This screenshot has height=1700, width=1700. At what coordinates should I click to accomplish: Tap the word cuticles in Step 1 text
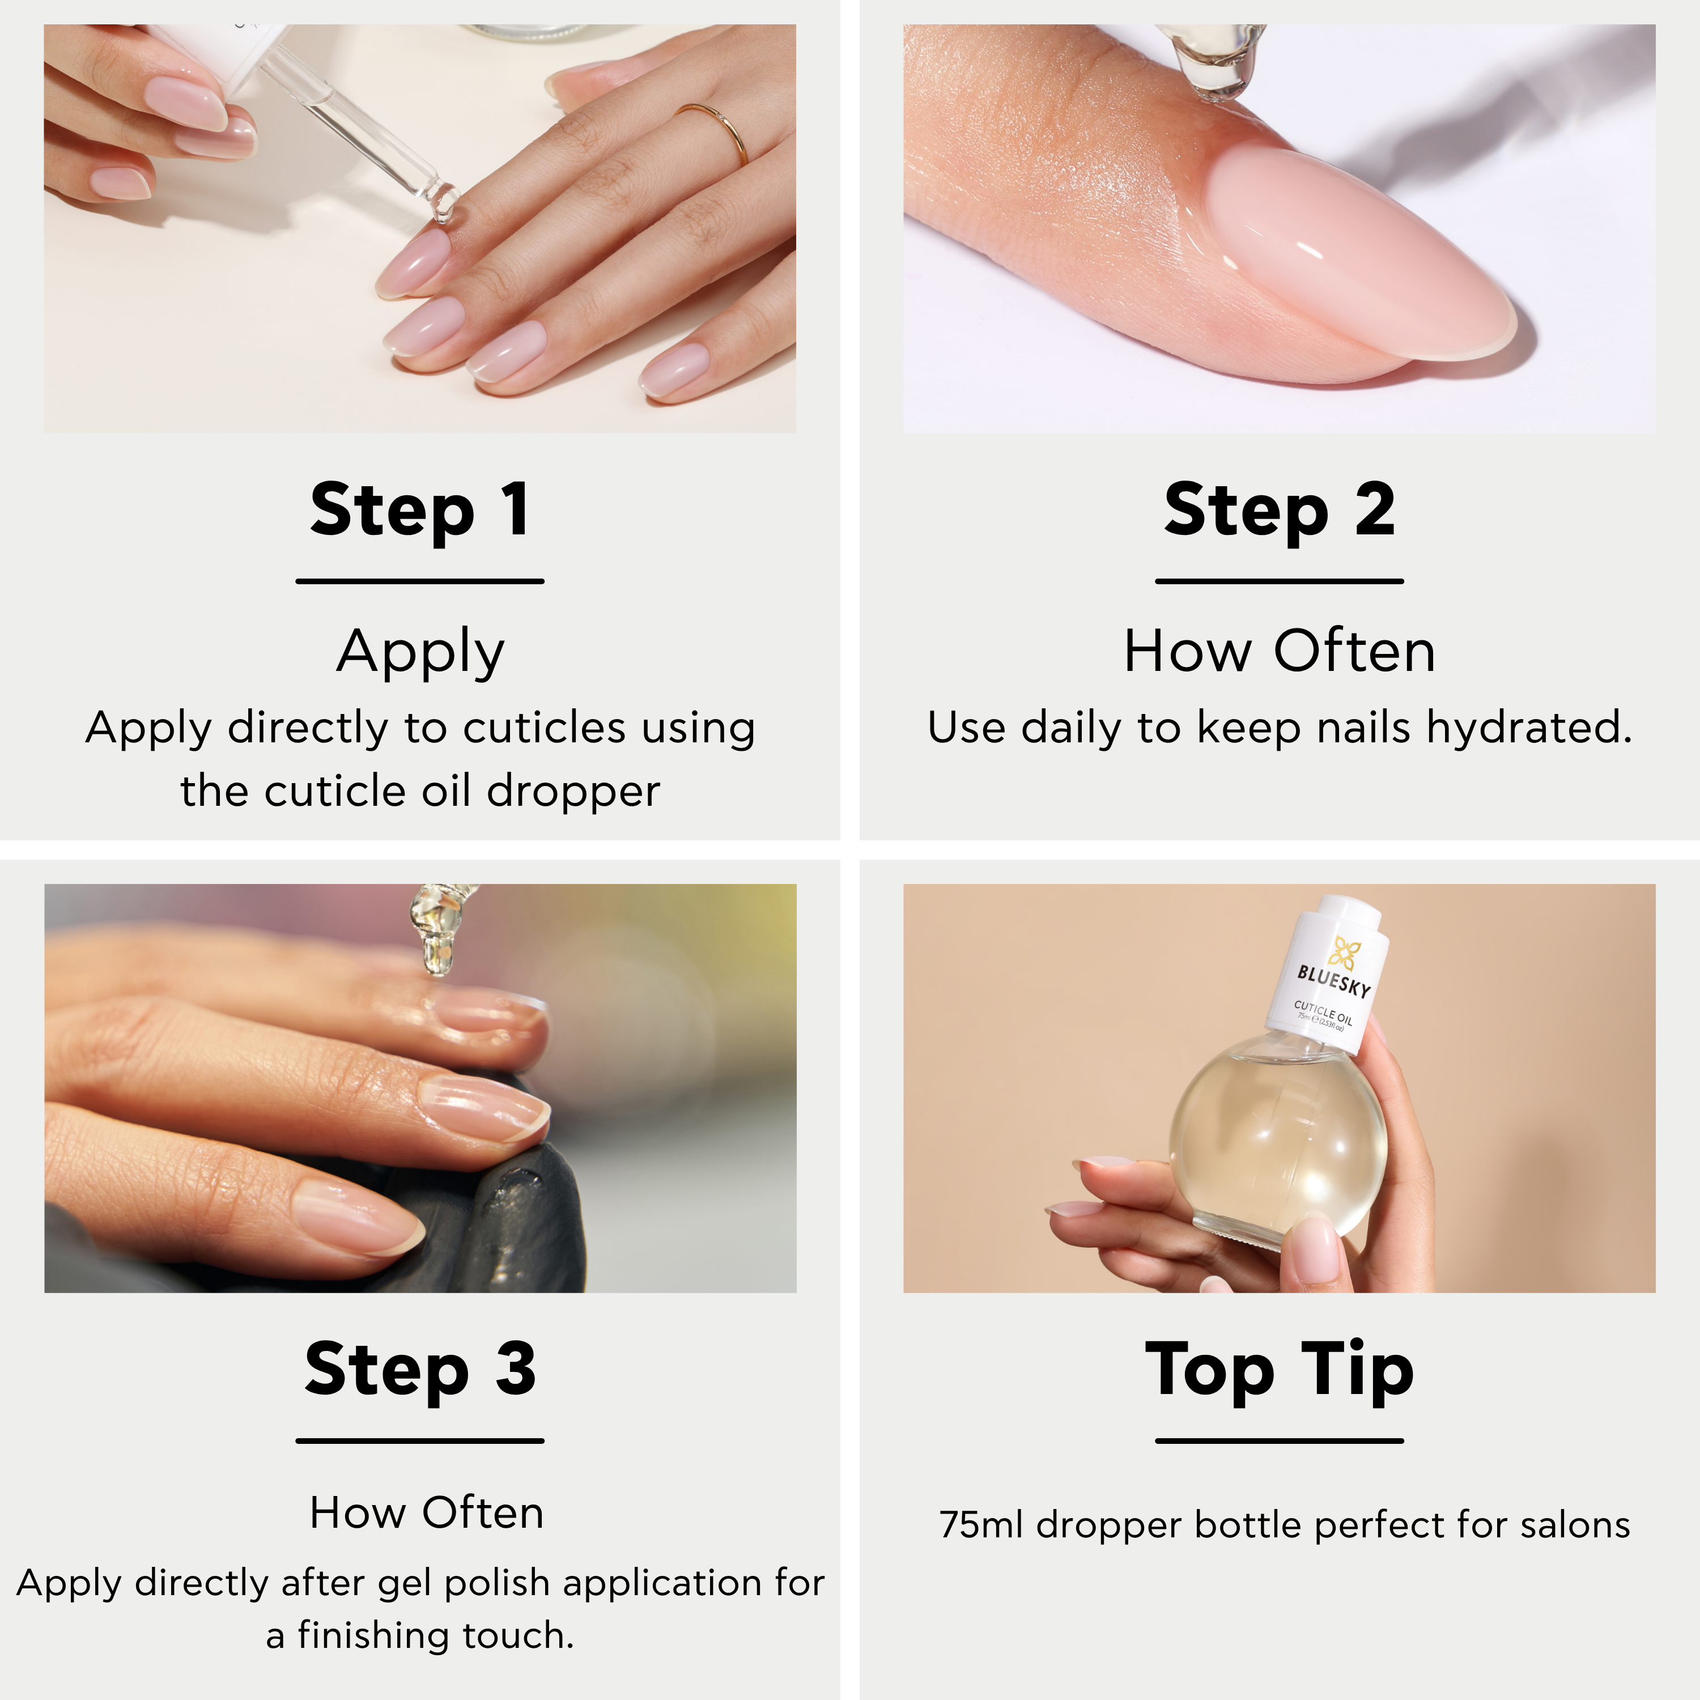click(x=544, y=729)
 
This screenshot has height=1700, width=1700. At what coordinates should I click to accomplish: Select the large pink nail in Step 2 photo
click(x=1359, y=255)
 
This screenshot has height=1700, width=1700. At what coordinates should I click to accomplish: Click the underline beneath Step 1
click(x=420, y=581)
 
